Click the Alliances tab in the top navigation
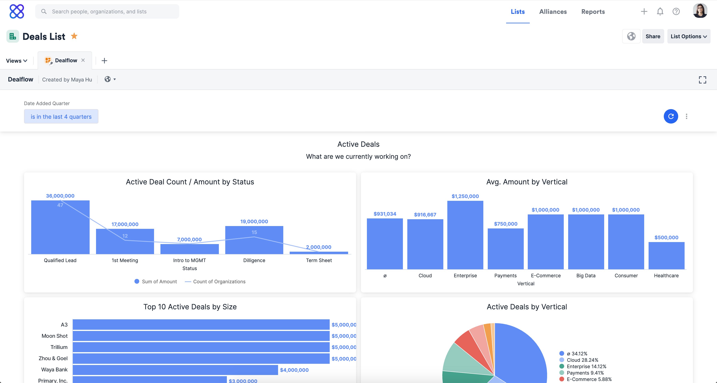point(553,12)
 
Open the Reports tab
point(593,12)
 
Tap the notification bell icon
point(660,11)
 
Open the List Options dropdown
point(688,36)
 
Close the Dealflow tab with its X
point(83,60)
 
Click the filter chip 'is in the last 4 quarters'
point(61,117)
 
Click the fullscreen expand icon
point(702,80)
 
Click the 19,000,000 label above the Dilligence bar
point(254,221)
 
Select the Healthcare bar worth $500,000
point(666,256)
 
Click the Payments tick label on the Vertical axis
point(505,275)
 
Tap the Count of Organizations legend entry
point(219,282)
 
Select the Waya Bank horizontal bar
point(175,370)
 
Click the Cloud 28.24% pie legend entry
point(582,360)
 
